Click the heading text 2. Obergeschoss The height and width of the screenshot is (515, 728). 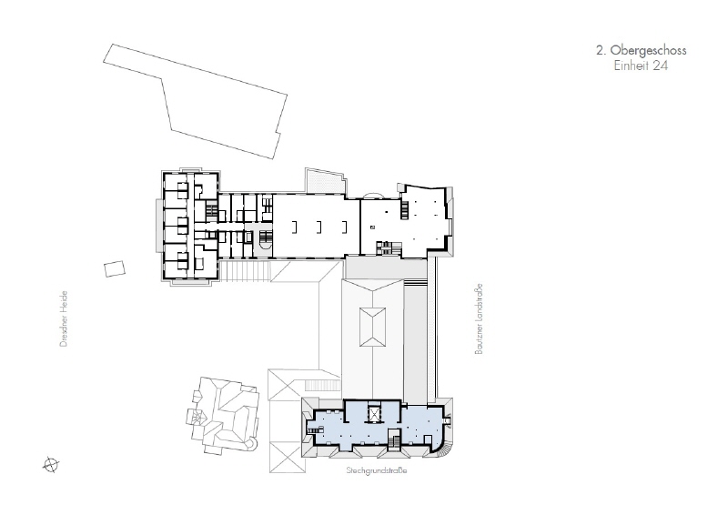[641, 50]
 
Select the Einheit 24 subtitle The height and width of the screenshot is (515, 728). [641, 66]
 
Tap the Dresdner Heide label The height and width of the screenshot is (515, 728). [64, 318]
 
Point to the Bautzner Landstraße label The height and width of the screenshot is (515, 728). [479, 319]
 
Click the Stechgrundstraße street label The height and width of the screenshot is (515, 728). [377, 470]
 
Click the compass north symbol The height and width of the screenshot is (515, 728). [51, 464]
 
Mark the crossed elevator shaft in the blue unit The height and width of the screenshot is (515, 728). [373, 413]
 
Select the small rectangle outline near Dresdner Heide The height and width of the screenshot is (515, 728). [115, 268]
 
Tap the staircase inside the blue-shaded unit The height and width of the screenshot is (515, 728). [394, 439]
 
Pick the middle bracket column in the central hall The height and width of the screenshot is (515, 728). [319, 227]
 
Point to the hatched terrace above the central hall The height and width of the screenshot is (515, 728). [325, 182]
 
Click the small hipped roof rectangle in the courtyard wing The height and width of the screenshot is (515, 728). [372, 327]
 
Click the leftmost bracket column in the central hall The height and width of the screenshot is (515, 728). [294, 227]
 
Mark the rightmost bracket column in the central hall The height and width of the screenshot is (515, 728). [344, 227]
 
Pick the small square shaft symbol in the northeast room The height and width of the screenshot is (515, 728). [372, 227]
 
